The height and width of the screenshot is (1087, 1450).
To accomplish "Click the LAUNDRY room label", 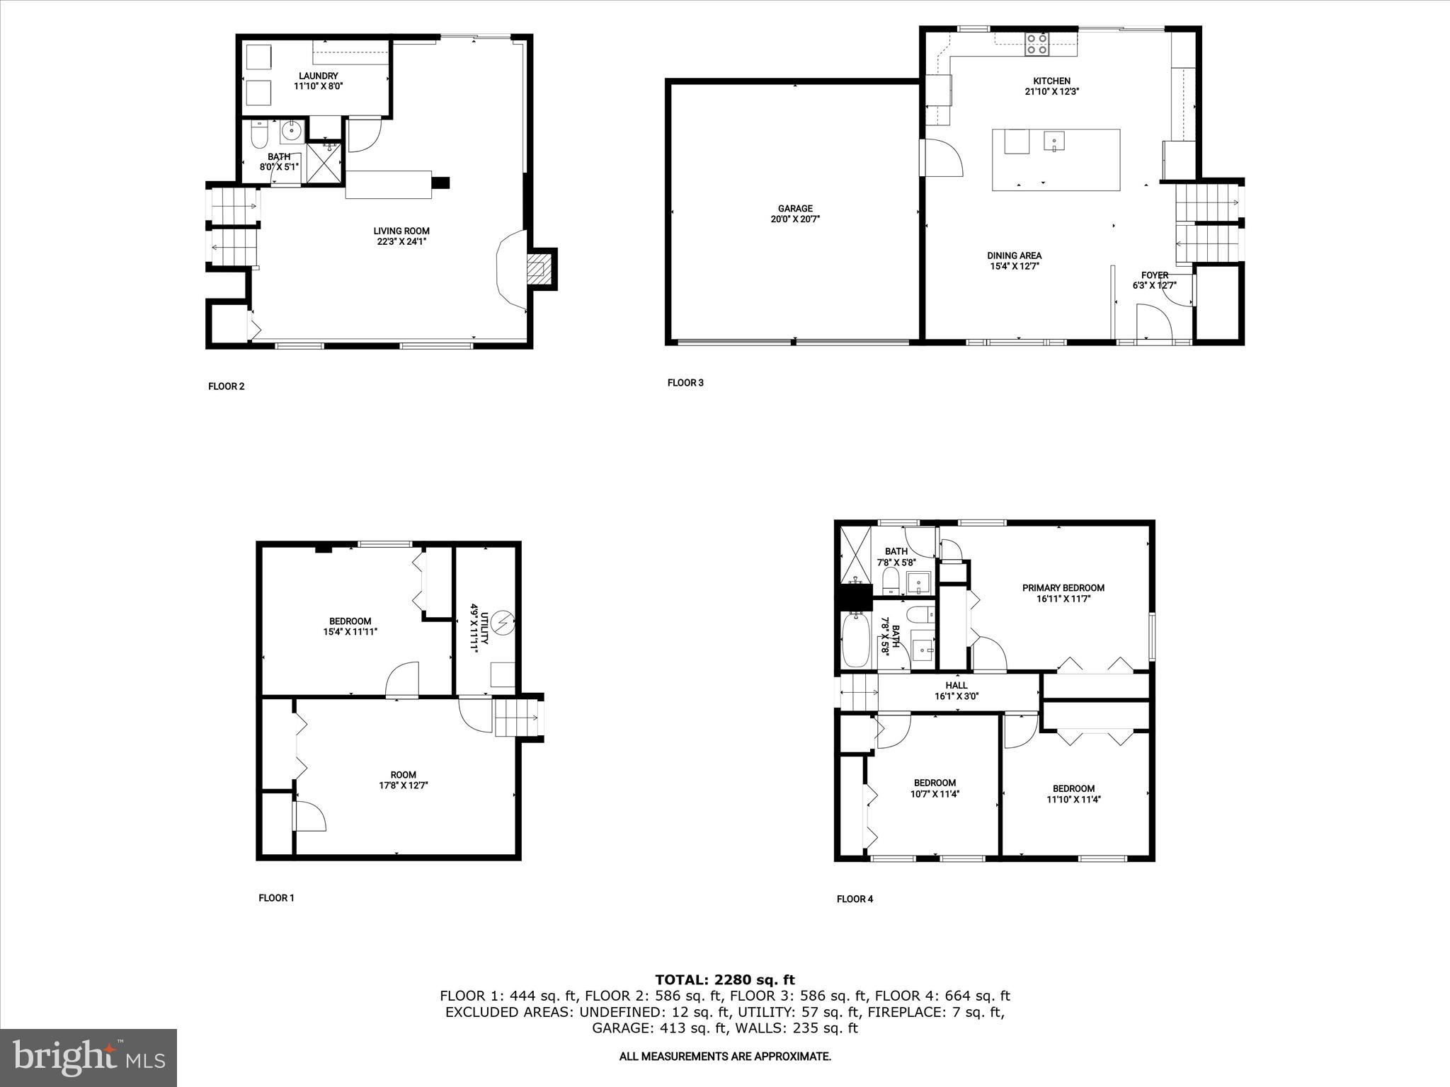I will [x=318, y=81].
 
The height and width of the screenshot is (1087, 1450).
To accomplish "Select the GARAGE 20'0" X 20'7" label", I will [x=795, y=214].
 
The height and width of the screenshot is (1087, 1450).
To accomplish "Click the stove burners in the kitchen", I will [x=1038, y=45].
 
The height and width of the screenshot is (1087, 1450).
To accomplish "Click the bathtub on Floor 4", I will [x=857, y=640].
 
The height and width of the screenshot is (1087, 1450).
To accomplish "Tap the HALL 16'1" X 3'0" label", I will [x=957, y=691].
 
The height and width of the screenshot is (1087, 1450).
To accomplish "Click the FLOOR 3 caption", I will [x=685, y=383].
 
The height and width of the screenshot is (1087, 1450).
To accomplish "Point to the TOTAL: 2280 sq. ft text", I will [x=724, y=980].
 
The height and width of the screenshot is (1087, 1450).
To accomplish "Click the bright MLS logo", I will [x=89, y=1057].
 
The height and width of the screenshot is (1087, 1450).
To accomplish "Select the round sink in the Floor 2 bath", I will [x=292, y=130].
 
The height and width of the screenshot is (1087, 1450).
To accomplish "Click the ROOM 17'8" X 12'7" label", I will [x=404, y=780].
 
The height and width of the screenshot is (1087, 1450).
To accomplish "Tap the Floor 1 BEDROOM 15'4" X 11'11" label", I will [x=350, y=626].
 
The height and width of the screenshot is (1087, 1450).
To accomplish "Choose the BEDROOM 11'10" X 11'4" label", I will [x=1073, y=794].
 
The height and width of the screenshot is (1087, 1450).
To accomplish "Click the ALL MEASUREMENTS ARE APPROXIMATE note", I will [x=724, y=1057].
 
